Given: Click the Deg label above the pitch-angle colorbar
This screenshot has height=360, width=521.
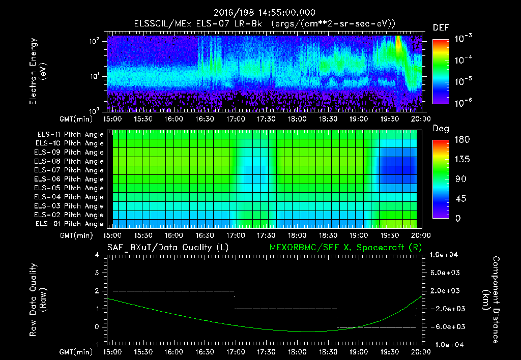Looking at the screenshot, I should [441, 129].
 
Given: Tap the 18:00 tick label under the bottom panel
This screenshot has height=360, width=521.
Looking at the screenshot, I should [297, 351].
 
